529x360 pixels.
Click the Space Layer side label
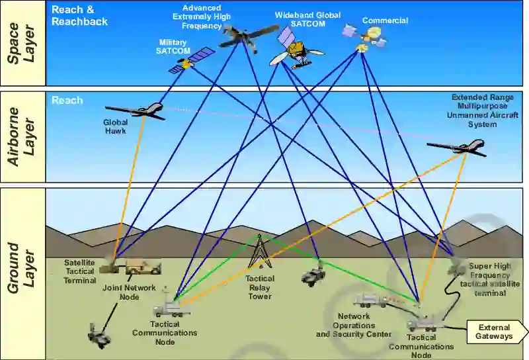[22, 43]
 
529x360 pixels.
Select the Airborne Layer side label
[22, 136]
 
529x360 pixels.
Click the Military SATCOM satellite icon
[191, 60]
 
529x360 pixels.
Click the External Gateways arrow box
[495, 332]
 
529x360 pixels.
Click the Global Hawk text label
[115, 126]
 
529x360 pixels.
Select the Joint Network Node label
[130, 292]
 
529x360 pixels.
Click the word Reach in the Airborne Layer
[67, 101]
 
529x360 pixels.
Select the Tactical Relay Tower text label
[260, 288]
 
